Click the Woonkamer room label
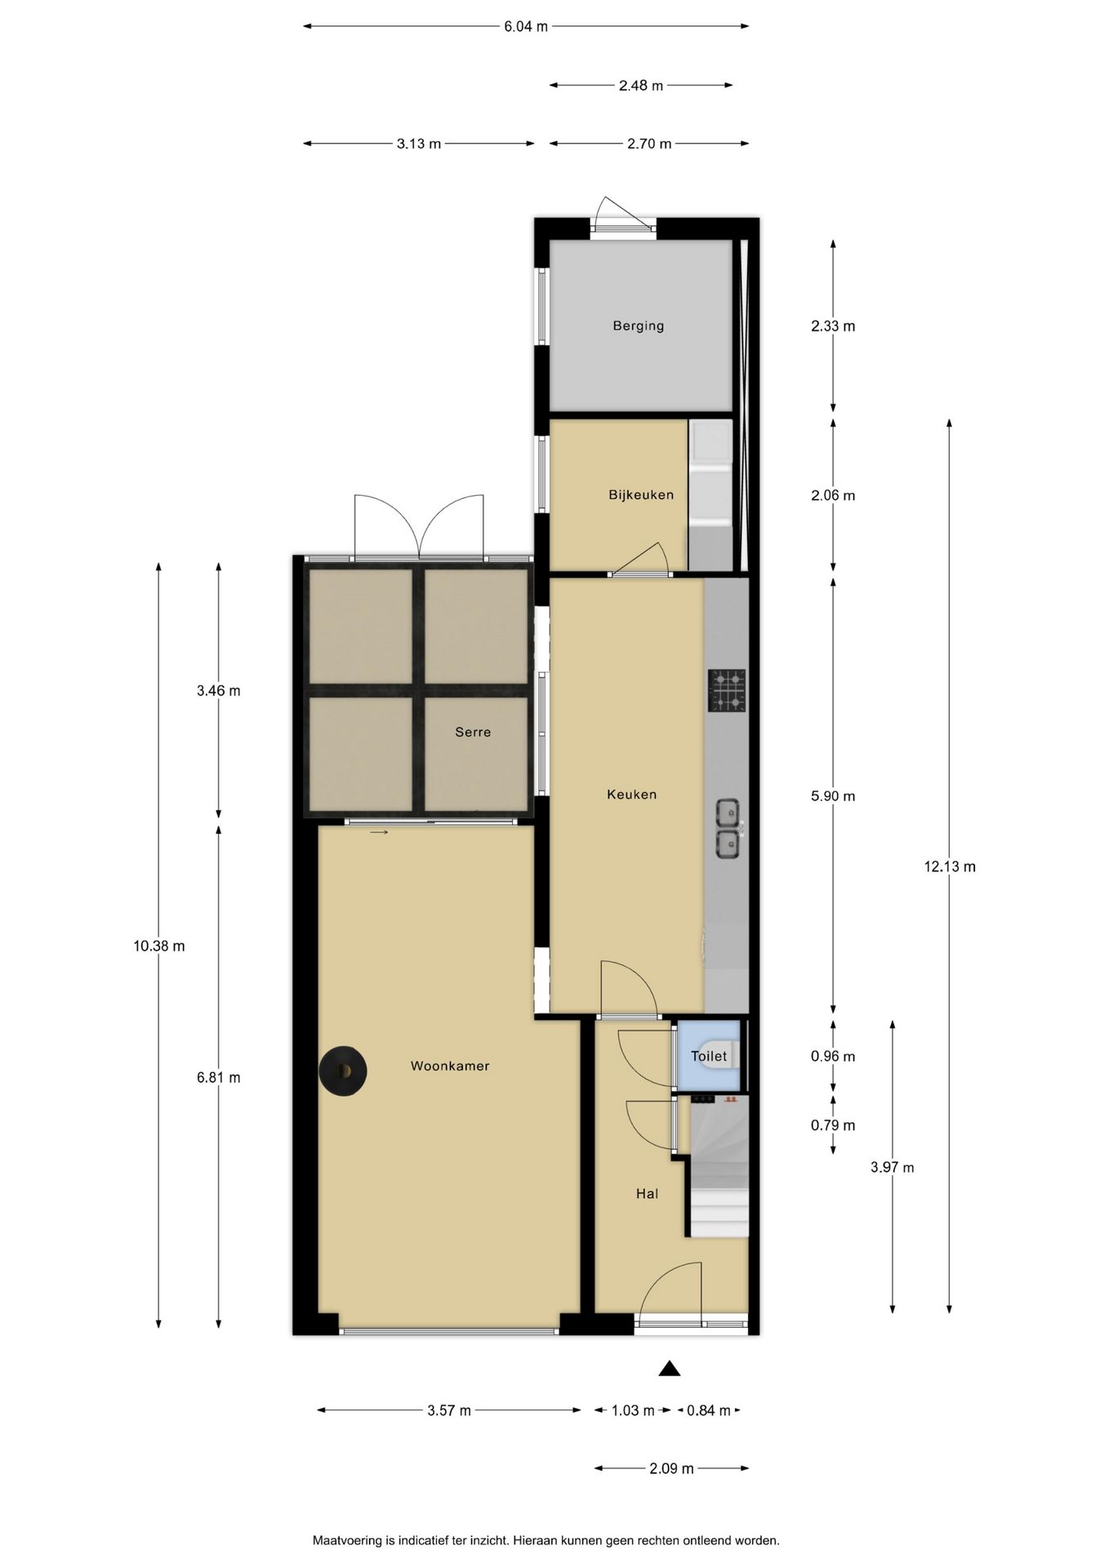tap(450, 1066)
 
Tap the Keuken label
tap(631, 794)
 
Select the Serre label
tap(473, 732)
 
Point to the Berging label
tap(638, 326)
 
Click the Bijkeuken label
tap(641, 495)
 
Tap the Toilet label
tap(709, 1056)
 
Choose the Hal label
tap(647, 1194)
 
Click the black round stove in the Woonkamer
tap(343, 1070)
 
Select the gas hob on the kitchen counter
tap(727, 690)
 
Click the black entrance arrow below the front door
tap(670, 1369)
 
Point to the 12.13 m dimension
tap(950, 866)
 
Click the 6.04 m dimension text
tap(526, 26)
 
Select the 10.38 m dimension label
tap(159, 947)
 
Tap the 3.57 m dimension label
tap(449, 1410)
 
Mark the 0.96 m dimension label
tap(833, 1056)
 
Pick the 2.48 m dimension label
tap(641, 85)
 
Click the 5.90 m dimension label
tap(833, 796)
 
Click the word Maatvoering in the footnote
tap(346, 1541)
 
